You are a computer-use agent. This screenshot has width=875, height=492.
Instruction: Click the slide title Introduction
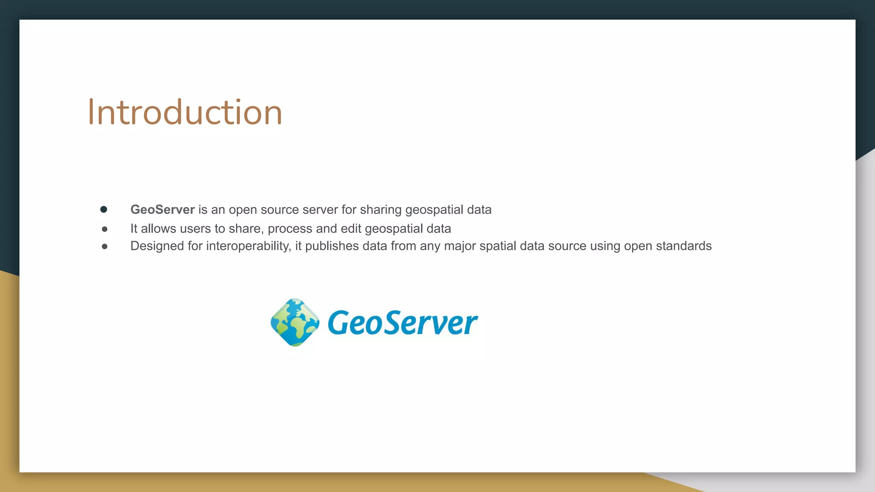(185, 112)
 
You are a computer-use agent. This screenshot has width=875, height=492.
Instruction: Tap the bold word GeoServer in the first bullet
(162, 210)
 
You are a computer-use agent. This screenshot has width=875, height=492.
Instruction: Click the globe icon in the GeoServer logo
(295, 322)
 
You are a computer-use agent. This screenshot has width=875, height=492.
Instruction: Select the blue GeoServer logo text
(402, 323)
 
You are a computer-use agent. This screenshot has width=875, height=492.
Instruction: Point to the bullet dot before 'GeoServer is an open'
(104, 209)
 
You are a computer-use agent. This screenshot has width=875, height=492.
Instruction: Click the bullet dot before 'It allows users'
(105, 229)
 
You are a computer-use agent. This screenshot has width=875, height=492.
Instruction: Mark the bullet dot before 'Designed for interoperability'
(105, 246)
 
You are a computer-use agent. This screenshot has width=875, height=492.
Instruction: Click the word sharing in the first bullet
(381, 210)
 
